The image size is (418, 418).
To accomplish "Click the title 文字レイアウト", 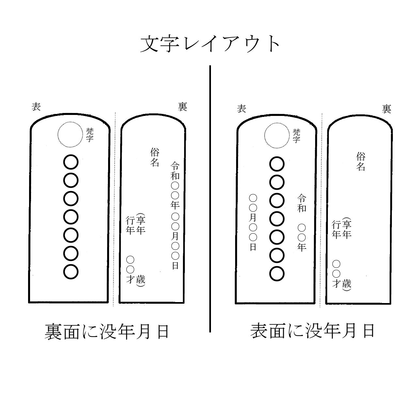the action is tap(210, 44).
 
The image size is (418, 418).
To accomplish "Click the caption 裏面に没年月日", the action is tap(107, 332).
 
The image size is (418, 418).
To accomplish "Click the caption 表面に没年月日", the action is tap(312, 331).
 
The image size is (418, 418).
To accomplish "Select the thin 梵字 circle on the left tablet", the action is tap(70, 135).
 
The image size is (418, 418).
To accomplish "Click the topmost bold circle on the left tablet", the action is tap(71, 162).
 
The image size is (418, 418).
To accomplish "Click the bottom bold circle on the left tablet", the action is tap(71, 272).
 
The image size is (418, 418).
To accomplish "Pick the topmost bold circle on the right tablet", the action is tap(277, 164).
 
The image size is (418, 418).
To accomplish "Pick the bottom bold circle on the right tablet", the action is tap(277, 274).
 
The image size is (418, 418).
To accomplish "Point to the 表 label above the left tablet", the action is tap(36, 107).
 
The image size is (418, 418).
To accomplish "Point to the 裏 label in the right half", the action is tap(387, 109).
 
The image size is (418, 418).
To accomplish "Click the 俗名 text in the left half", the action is tap(155, 157).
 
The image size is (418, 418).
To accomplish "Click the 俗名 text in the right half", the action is tap(361, 161).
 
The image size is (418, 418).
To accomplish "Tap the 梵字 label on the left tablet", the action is tap(90, 135).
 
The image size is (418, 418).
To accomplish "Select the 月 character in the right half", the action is tap(253, 217).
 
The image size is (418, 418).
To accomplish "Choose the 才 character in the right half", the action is tap(336, 284).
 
